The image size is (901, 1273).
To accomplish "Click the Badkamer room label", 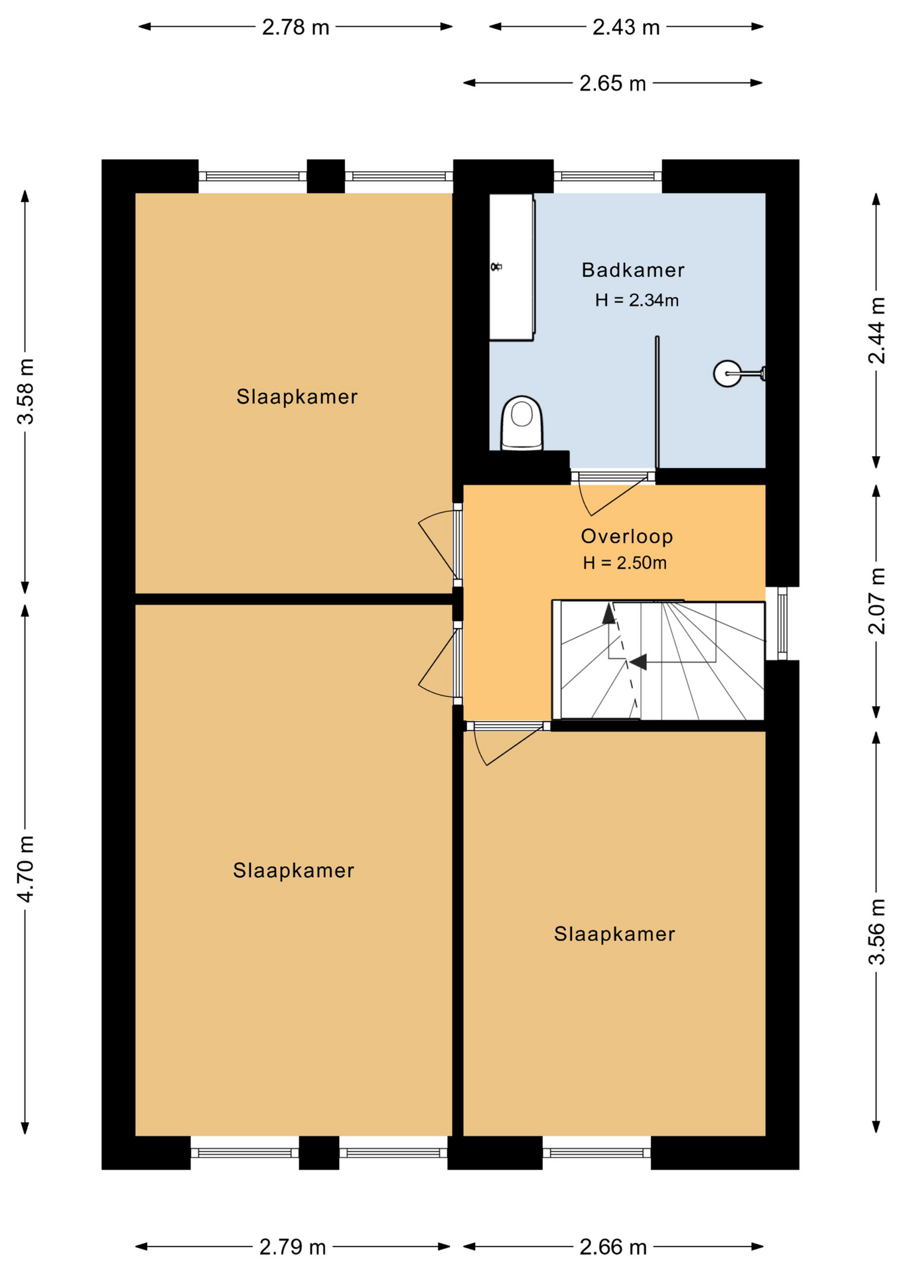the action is (x=632, y=270).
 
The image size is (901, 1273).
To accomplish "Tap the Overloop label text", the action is (x=627, y=536).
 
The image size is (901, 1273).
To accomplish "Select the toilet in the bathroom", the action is (x=521, y=423).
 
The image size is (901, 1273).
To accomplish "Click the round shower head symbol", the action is (x=727, y=373).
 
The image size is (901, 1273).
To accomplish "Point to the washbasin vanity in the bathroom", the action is (x=512, y=267).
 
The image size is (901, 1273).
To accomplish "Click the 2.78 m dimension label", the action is (x=295, y=27).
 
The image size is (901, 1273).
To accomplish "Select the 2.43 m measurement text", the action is (x=626, y=27).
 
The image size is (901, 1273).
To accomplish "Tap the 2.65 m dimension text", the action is (x=612, y=84).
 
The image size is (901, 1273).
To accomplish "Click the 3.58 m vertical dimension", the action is (x=26, y=391).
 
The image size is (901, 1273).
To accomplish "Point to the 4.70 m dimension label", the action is (x=26, y=869).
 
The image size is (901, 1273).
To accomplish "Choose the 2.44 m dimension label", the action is (x=877, y=330).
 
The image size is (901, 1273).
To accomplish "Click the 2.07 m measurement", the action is (x=877, y=601).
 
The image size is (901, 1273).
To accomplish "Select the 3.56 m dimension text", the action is (x=877, y=932).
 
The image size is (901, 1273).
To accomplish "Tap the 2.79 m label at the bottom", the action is (x=293, y=1247).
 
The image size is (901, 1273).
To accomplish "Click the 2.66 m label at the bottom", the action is (x=613, y=1247).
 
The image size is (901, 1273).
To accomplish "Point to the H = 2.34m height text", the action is (x=636, y=300).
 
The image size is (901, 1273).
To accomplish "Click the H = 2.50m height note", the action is (x=624, y=563).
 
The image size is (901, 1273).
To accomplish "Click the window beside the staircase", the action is (x=782, y=623).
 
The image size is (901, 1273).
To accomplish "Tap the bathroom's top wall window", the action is (x=608, y=176).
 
